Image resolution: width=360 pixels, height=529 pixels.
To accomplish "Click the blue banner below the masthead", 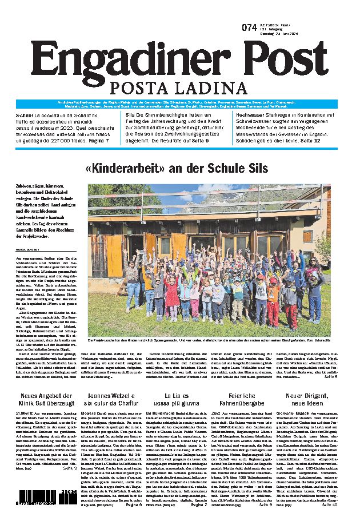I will (180, 104).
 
